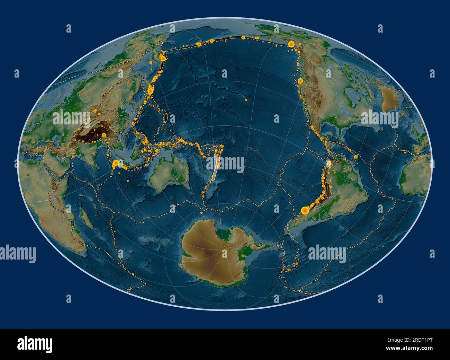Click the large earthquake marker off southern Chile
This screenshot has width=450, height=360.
point(305,210)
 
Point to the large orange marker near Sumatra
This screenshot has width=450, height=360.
point(116,163)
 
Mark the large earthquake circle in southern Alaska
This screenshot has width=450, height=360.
point(291,44)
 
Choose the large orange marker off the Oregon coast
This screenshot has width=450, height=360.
point(300,80)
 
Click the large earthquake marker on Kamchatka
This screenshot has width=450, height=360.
point(162,59)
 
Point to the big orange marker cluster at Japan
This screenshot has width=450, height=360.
point(150,90)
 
